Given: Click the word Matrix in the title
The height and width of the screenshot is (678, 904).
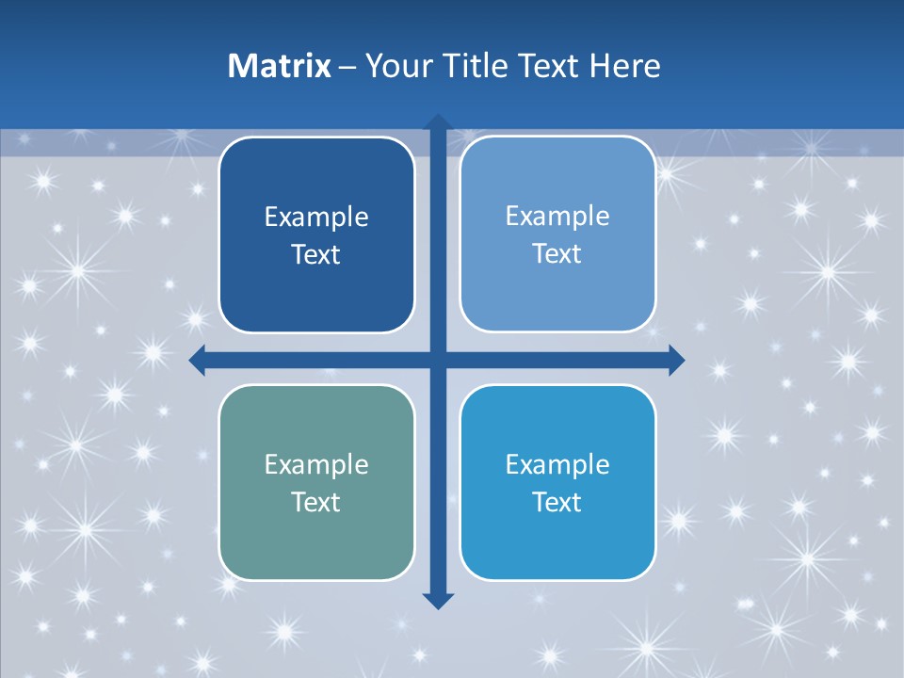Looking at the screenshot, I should [x=280, y=66].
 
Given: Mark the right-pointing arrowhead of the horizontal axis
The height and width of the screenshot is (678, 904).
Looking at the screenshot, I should [x=675, y=360].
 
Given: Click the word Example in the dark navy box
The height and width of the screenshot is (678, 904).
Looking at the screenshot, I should [x=316, y=218].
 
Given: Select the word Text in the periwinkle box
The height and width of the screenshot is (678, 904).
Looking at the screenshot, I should [x=557, y=254].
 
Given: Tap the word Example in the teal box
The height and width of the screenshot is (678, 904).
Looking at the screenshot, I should [x=316, y=464].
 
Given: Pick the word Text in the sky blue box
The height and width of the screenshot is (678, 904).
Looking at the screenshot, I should [x=557, y=502].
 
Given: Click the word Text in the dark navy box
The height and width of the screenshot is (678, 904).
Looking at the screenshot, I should [x=316, y=255].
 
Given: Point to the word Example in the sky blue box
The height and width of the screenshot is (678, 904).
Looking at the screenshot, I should [x=557, y=464].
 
